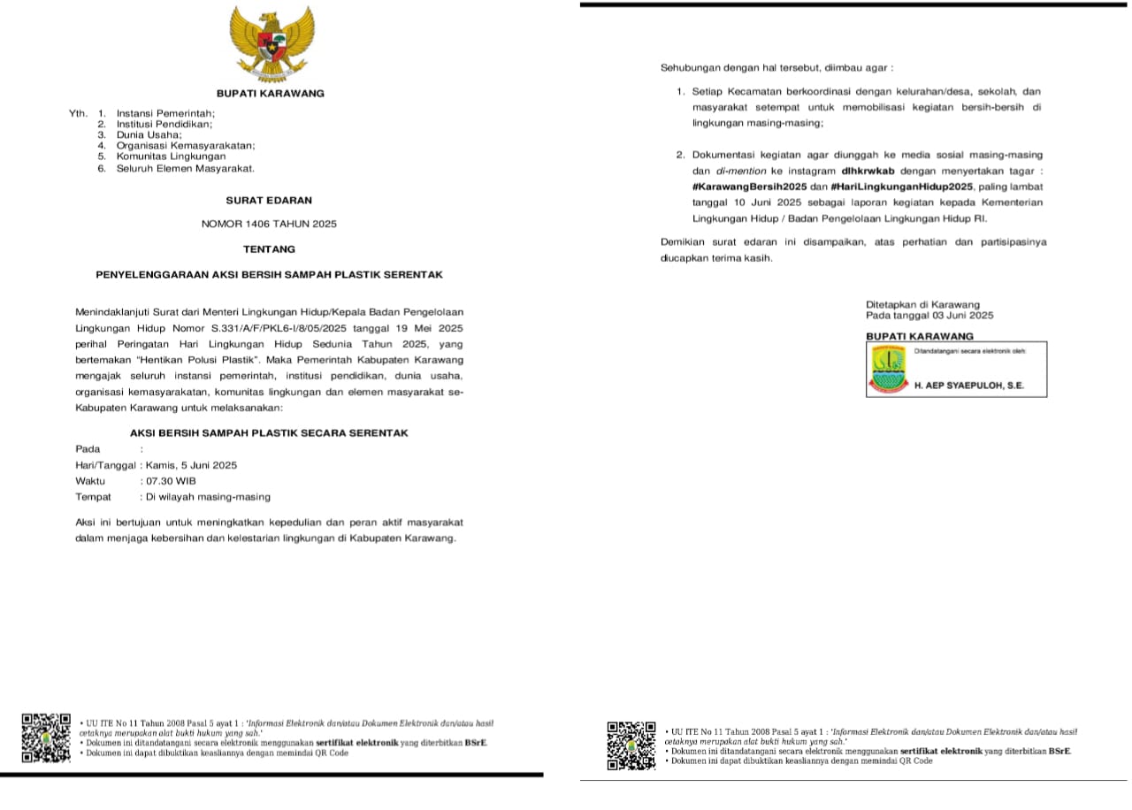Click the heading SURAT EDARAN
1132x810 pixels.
270,201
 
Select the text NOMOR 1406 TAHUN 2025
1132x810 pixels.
270,225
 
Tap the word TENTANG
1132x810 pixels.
270,249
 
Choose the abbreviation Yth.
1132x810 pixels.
79,113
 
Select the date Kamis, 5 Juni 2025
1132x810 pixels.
191,465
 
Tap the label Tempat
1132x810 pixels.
94,497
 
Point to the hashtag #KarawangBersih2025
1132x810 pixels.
749,187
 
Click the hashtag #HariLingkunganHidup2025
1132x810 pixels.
902,187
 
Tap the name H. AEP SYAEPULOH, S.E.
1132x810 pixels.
969,386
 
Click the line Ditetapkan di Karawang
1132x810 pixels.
922,304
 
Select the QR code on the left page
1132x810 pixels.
46,738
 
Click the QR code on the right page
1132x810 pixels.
631,745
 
